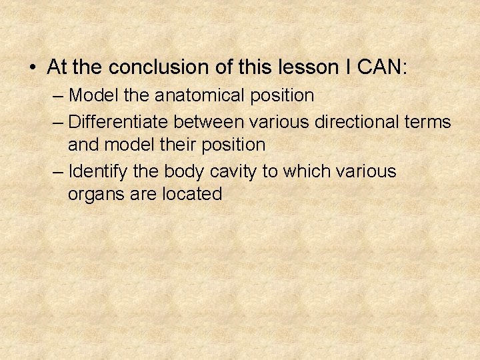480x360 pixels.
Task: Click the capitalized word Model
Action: point(93,96)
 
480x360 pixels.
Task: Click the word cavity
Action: point(233,171)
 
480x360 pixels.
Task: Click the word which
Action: point(303,171)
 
